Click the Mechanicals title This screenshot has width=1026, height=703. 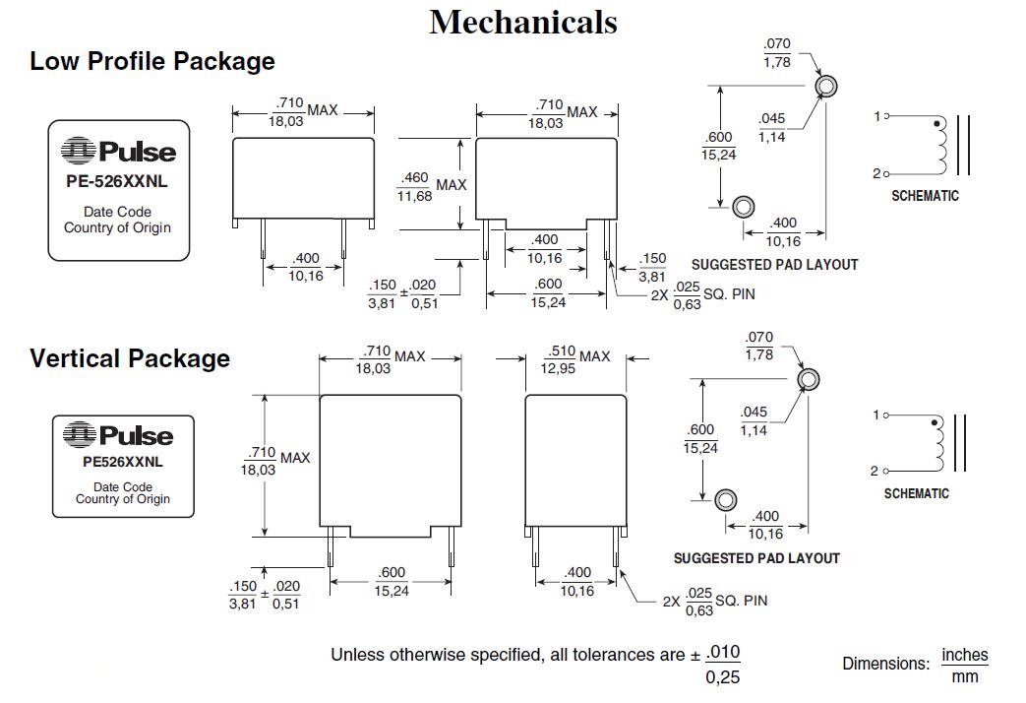click(522, 22)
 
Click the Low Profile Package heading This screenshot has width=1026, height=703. click(152, 61)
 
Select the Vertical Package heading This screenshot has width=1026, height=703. click(130, 358)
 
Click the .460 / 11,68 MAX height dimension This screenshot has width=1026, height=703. click(431, 185)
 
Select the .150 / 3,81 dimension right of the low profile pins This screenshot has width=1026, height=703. click(652, 267)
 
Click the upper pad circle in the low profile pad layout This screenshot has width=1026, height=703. click(827, 86)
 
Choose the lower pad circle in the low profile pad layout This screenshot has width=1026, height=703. click(745, 207)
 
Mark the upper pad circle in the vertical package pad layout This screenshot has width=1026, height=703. click(809, 379)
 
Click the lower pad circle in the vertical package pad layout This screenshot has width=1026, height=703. click(726, 499)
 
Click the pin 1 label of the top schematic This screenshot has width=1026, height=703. click(875, 117)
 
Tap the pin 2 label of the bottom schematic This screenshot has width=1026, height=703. click(873, 472)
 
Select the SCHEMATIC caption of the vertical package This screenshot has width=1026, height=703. click(916, 493)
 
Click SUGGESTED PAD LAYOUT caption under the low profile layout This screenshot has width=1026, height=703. click(774, 265)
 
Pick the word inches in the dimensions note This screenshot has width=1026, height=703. click(964, 655)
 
